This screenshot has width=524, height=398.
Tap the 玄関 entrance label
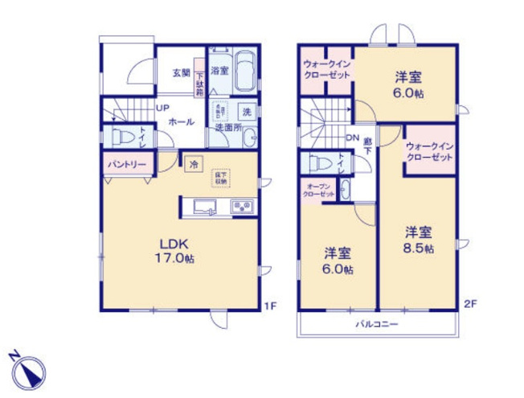(180, 72)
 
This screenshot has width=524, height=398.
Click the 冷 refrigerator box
(194, 163)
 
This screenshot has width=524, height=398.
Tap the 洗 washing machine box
(248, 110)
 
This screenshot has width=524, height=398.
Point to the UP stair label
(162, 109)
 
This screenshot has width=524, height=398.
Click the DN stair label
(352, 138)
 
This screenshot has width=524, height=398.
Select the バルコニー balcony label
(378, 323)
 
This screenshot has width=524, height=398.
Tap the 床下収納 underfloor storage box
(219, 177)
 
